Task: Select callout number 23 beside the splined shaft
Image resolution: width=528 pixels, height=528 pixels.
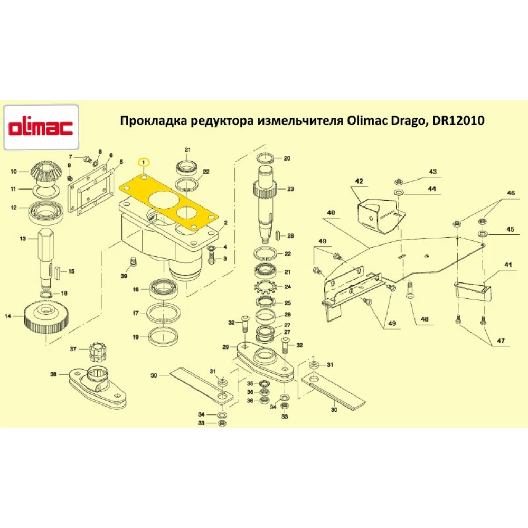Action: (290, 189)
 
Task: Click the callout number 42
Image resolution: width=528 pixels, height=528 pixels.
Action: (359, 181)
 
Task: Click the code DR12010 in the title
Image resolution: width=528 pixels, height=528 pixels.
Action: (458, 121)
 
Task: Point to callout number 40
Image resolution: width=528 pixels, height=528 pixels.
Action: (331, 213)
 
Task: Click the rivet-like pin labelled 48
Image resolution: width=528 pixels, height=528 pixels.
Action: (410, 290)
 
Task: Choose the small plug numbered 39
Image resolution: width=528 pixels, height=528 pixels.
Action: (133, 262)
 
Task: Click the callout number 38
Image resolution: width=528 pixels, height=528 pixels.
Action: (53, 374)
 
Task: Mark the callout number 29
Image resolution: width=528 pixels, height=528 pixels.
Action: (225, 347)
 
